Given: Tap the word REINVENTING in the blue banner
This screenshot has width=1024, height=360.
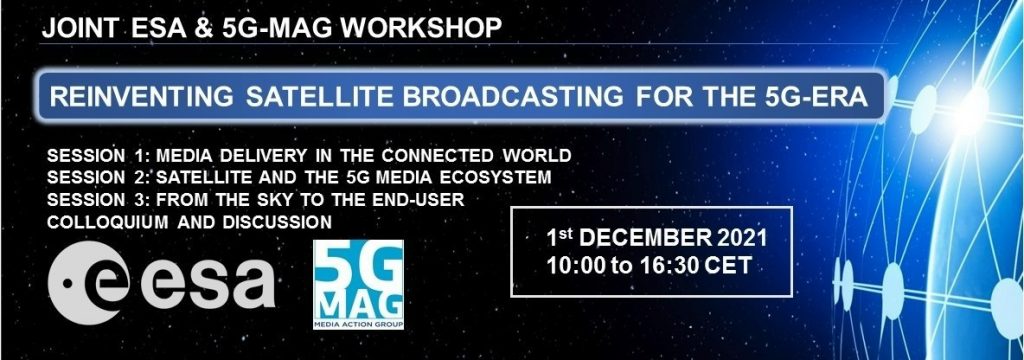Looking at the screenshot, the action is pyautogui.click(x=142, y=97).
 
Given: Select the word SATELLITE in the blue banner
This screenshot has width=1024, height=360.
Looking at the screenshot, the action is pyautogui.click(x=318, y=97).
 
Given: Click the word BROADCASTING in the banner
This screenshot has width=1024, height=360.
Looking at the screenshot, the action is pyautogui.click(x=513, y=97).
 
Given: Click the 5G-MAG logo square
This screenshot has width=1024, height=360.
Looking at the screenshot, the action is pyautogui.click(x=358, y=284).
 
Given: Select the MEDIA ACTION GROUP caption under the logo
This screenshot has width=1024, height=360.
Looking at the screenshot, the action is pyautogui.click(x=358, y=323).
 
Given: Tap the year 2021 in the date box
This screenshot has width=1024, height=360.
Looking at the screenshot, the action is pyautogui.click(x=741, y=239).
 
